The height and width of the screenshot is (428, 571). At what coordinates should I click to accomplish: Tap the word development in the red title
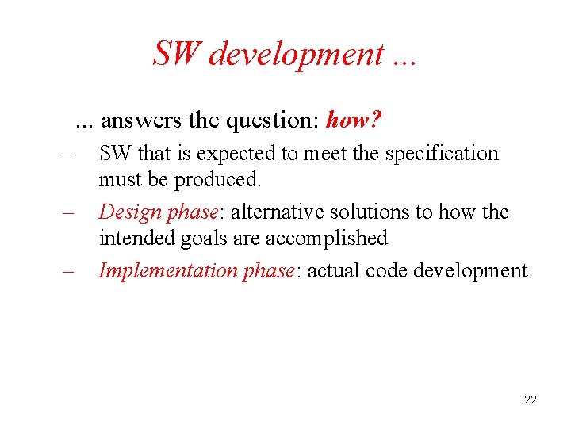pos(295,55)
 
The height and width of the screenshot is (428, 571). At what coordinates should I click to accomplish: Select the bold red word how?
pos(354,120)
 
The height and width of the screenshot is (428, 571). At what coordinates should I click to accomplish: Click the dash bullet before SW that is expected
pos(67,154)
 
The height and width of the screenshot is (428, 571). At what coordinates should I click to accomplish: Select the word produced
pos(217,180)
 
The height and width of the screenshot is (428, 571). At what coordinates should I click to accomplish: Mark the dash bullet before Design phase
pos(67,212)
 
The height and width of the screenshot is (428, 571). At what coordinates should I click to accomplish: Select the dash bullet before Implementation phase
pos(67,271)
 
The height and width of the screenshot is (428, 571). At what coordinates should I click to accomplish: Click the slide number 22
pos(531,400)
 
